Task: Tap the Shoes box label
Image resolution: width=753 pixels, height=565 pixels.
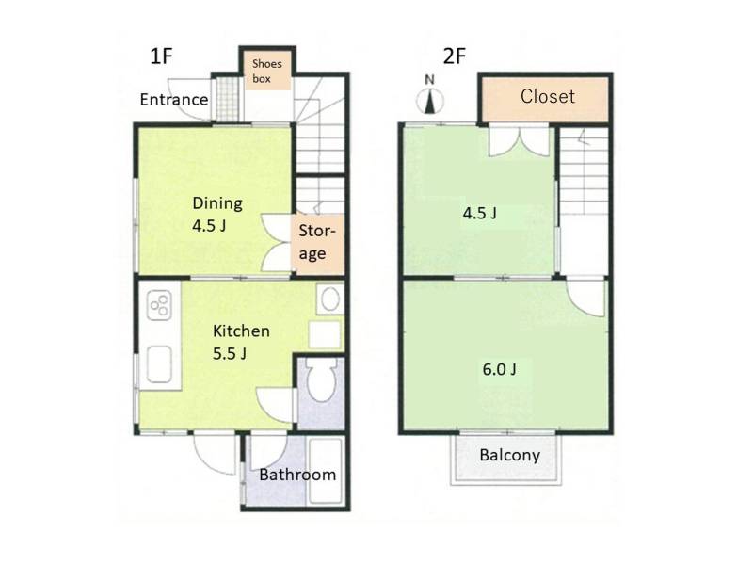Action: pyautogui.click(x=267, y=72)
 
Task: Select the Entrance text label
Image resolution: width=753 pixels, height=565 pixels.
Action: pyautogui.click(x=174, y=100)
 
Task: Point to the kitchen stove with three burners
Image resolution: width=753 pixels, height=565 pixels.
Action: pyautogui.click(x=159, y=305)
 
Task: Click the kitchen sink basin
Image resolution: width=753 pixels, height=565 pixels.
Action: pyautogui.click(x=159, y=364)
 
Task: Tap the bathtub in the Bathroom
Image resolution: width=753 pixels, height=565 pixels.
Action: pyautogui.click(x=325, y=470)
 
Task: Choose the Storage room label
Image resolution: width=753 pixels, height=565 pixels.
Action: pyautogui.click(x=316, y=242)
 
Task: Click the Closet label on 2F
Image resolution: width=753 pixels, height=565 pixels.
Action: pyautogui.click(x=548, y=97)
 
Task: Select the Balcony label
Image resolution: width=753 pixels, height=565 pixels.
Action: pyautogui.click(x=509, y=455)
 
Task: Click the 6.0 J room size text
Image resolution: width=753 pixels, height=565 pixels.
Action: pyautogui.click(x=500, y=369)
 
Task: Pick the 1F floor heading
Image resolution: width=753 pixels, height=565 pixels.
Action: pyautogui.click(x=161, y=56)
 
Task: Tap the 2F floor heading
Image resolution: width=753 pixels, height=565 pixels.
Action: pyautogui.click(x=455, y=56)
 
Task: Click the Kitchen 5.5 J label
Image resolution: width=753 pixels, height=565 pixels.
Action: pyautogui.click(x=241, y=342)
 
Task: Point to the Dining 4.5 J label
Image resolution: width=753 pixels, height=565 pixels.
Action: pyautogui.click(x=217, y=215)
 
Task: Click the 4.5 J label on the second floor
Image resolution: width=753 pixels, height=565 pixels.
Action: pyautogui.click(x=479, y=213)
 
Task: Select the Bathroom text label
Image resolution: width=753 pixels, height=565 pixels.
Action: pyautogui.click(x=297, y=475)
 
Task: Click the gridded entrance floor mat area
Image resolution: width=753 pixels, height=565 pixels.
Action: pyautogui.click(x=227, y=100)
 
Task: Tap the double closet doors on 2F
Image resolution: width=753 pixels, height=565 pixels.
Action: pyautogui.click(x=519, y=141)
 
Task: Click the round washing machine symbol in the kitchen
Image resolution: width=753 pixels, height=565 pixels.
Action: pyautogui.click(x=330, y=299)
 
